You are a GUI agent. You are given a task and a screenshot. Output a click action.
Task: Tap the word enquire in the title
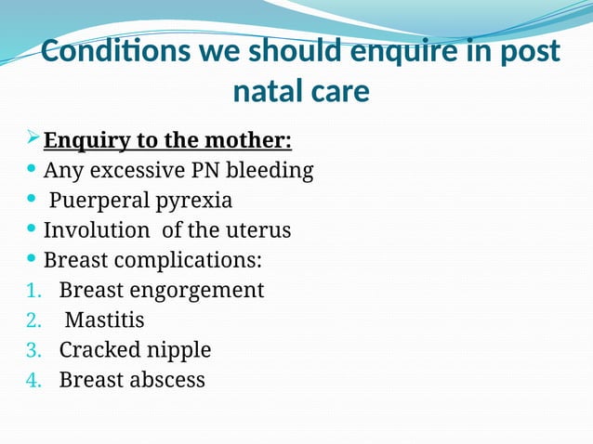393,53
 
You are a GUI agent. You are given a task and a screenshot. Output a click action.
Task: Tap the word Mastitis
104,320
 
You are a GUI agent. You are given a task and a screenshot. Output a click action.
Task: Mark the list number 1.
33,291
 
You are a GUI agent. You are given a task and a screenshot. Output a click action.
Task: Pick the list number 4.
33,380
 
